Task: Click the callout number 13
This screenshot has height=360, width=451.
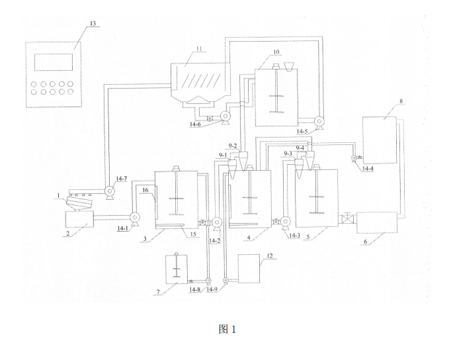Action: [93, 24]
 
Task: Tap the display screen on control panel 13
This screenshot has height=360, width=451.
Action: [54, 62]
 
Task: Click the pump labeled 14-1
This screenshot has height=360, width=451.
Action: [135, 216]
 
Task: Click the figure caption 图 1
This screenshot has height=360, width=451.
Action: [227, 329]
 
